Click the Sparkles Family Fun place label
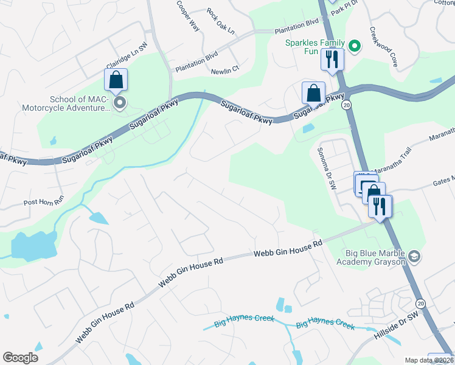tap(316, 47)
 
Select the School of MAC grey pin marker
tap(120, 103)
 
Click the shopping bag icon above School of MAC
tap(116, 80)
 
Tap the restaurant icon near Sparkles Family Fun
tap(332, 60)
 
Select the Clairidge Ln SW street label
tap(127, 55)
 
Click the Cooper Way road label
tap(188, 15)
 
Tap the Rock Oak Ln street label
tap(220, 21)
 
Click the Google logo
tap(20, 358)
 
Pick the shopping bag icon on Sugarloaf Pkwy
tap(313, 93)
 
